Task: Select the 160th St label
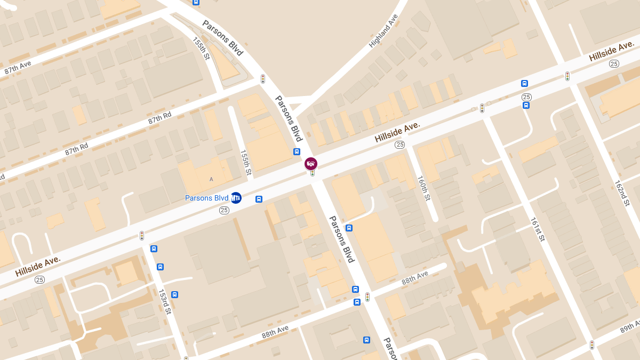click(x=423, y=188)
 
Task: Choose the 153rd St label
click(x=165, y=301)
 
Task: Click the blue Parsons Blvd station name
click(x=206, y=198)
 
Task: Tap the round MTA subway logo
click(x=236, y=198)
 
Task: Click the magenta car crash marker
click(x=311, y=163)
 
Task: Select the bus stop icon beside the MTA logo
click(x=259, y=199)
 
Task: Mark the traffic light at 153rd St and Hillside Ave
click(x=142, y=235)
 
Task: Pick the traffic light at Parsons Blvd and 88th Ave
click(x=367, y=297)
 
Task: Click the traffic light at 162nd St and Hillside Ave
click(x=567, y=76)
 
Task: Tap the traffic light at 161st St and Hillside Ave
click(x=482, y=108)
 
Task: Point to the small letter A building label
click(x=211, y=179)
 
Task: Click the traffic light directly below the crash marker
click(x=313, y=173)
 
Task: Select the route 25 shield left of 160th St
click(x=399, y=145)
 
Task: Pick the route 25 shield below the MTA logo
click(x=224, y=211)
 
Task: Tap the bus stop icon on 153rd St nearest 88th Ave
click(x=174, y=294)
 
